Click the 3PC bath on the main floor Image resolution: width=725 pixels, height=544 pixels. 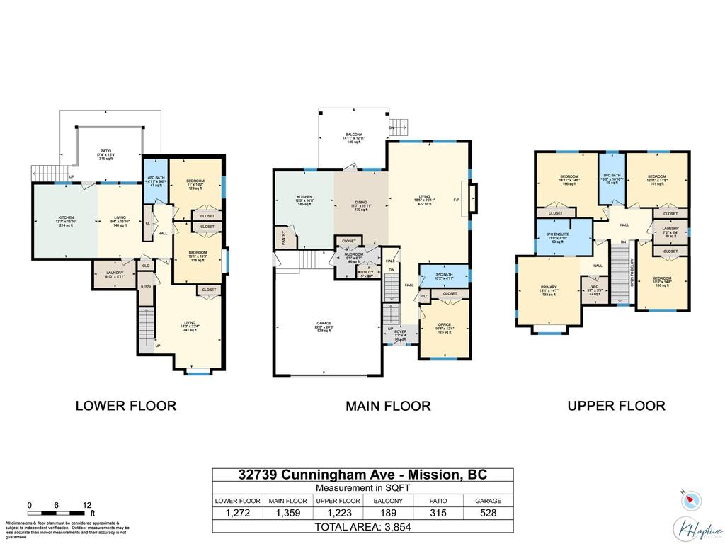[x=444, y=276]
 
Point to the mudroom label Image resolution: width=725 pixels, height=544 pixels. [x=354, y=256]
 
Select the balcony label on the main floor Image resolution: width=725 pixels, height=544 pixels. [x=353, y=137]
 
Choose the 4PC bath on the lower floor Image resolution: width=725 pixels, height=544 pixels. [x=156, y=181]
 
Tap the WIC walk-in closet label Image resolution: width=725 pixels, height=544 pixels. [x=595, y=289]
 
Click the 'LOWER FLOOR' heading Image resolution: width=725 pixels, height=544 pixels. [x=125, y=406]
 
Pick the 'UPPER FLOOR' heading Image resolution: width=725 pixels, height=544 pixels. [x=616, y=406]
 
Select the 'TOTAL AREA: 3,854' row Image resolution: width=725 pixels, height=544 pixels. [x=362, y=526]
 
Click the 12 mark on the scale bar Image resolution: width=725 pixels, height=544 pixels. [x=87, y=505]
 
